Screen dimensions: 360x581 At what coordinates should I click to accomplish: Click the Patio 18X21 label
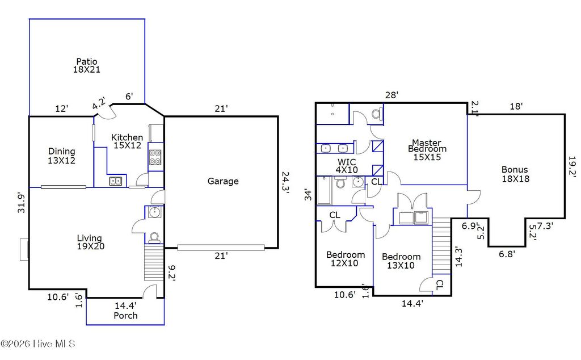coord(87,66)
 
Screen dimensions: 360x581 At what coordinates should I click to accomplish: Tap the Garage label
coord(222,181)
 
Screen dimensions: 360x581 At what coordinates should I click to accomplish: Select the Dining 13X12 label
coord(61,156)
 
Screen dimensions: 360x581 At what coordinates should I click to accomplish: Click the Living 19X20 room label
coord(90,242)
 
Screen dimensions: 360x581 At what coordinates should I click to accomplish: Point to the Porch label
coord(125,316)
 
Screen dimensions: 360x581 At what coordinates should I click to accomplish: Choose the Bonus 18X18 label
coord(515,174)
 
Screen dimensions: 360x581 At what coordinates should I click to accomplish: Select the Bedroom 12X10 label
coord(346,259)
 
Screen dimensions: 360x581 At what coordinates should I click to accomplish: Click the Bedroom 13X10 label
coord(401,261)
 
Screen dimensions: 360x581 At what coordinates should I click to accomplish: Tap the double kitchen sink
coord(116,181)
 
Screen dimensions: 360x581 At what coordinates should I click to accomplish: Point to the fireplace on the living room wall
coord(24,249)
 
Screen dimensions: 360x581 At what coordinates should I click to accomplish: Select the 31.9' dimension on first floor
coord(21,202)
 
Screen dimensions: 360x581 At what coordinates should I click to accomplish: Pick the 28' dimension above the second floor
coord(391,95)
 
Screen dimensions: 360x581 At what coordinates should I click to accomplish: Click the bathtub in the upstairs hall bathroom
coord(325,190)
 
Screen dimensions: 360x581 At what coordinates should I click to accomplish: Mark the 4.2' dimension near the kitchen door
coord(99,104)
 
